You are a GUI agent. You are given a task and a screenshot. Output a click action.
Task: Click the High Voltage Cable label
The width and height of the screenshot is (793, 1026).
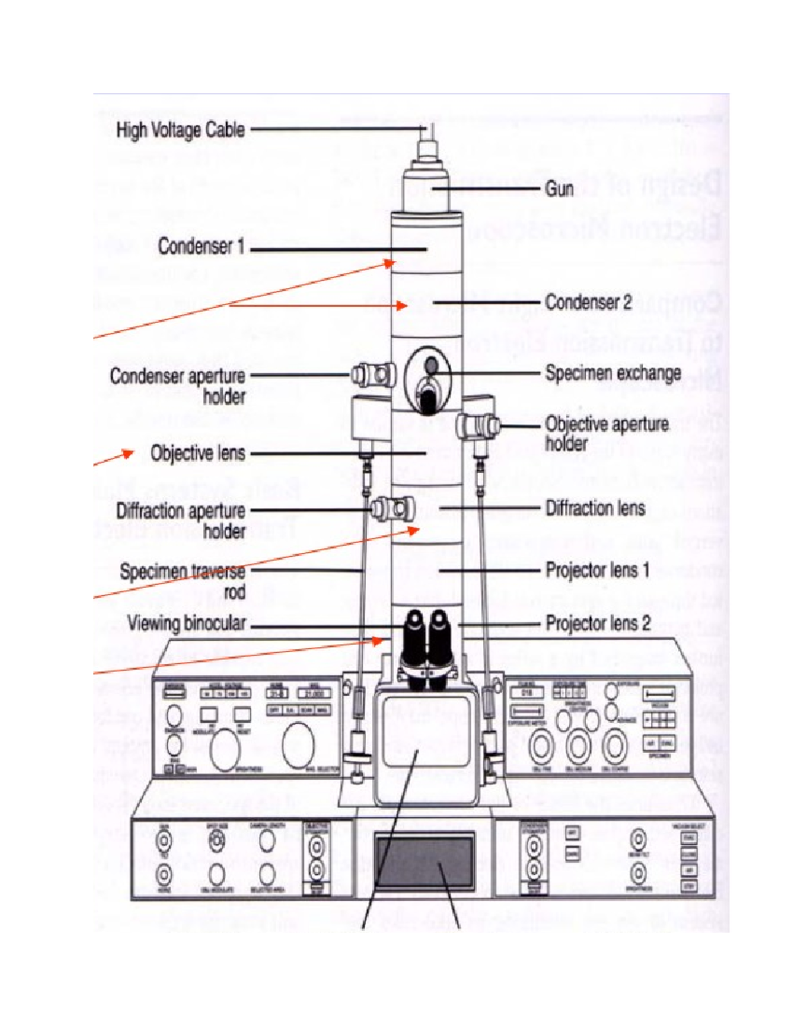coord(180,130)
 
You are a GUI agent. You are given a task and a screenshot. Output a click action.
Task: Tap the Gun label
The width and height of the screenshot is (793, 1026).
coord(559,189)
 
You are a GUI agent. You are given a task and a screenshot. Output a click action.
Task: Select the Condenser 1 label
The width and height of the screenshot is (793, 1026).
coord(201,247)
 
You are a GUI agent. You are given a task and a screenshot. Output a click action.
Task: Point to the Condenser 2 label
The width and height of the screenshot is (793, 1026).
coord(588,303)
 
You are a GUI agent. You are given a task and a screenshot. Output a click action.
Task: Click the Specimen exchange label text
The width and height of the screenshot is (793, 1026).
coord(613,373)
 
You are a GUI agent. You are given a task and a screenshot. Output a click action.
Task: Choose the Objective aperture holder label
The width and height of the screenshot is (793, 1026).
coord(606,433)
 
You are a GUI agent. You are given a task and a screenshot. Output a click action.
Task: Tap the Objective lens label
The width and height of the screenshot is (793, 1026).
coord(198,453)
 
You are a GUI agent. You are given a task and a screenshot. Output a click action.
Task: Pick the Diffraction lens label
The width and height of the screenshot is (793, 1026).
coord(595,508)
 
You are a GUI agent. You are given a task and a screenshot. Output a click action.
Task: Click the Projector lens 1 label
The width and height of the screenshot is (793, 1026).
coord(597,569)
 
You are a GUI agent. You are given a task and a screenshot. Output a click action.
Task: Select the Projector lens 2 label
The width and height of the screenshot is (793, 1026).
coord(597,623)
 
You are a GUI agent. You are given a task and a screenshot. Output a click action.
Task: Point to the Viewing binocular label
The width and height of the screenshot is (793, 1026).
coord(186,623)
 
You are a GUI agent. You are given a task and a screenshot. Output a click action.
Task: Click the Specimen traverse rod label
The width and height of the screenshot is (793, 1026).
coord(182,580)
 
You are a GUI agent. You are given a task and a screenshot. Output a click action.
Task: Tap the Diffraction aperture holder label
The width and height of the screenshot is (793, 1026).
coord(180,520)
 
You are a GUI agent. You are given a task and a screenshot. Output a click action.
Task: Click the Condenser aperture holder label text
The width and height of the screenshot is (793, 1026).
coord(177,386)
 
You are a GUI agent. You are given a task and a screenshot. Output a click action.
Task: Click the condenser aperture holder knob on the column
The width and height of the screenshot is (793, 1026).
coord(373,375)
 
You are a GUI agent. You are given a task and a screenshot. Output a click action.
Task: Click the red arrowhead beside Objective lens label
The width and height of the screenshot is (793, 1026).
coord(128,453)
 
